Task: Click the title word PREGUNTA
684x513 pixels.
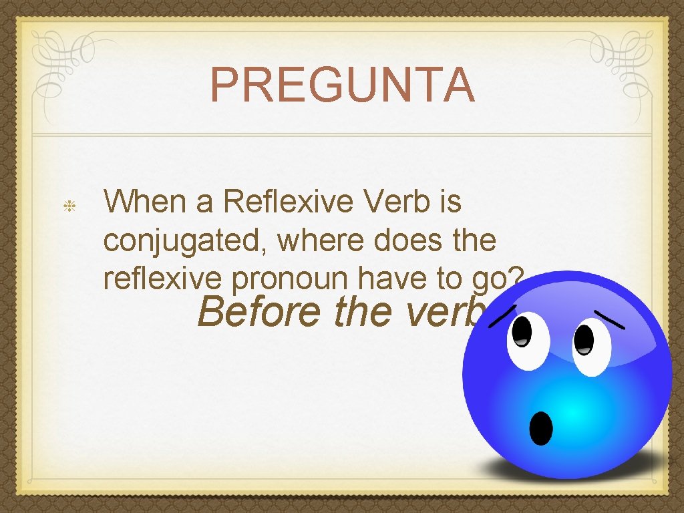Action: click(342, 85)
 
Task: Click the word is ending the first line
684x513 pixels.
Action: click(450, 201)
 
